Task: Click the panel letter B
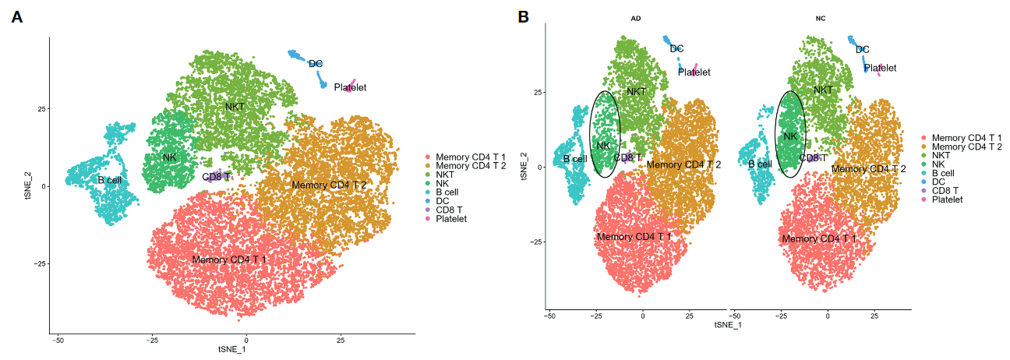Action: (x=524, y=17)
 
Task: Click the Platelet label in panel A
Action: (x=350, y=87)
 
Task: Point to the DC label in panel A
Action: (x=316, y=64)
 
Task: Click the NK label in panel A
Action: (x=170, y=157)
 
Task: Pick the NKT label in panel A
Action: (x=235, y=105)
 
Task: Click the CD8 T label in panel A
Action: (x=217, y=177)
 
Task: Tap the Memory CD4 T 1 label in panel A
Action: (x=229, y=259)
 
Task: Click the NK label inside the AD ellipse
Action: (x=603, y=145)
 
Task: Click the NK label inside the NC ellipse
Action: (x=790, y=137)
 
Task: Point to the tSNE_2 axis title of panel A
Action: (x=28, y=185)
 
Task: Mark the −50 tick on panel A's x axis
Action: (x=58, y=341)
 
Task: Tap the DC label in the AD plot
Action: (x=676, y=49)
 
